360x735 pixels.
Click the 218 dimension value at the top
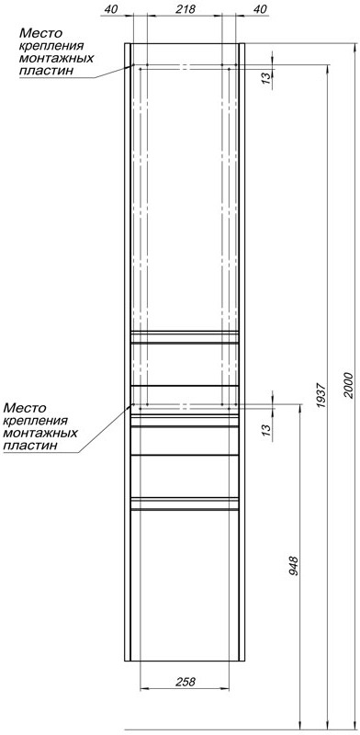pos(185,9)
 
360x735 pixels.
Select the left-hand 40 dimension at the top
pos(111,9)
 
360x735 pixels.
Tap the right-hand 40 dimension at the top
pos(260,9)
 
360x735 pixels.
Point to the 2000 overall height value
pos(347,385)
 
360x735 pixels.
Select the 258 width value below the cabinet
pos(186,682)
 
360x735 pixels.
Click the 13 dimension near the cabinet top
pos(266,78)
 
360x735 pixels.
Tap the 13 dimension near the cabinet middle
pos(266,428)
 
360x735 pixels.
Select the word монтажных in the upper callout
pos(57,59)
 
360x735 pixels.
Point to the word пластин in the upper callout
pos(47,72)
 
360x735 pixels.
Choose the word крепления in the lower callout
pos(36,421)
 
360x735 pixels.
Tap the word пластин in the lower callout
pos(31,446)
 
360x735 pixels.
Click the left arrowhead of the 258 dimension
pos(144,688)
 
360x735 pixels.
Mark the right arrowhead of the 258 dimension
pos(225,688)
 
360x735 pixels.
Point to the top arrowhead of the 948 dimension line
pos(300,408)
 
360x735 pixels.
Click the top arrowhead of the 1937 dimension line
pos(327,69)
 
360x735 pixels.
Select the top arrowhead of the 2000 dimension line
pos(354,48)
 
